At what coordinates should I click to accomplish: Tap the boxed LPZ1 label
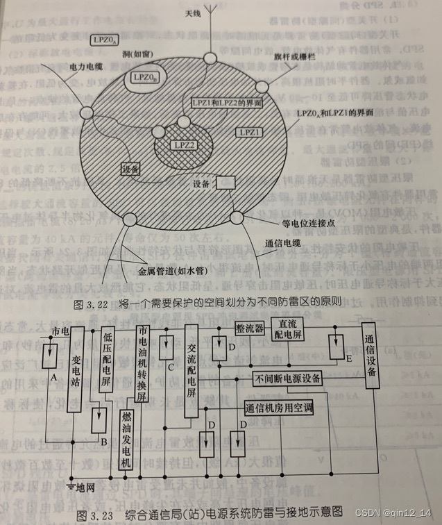tap(250, 131)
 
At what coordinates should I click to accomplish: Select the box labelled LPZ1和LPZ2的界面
tap(226, 102)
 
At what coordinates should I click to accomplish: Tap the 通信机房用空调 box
tap(278, 408)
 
